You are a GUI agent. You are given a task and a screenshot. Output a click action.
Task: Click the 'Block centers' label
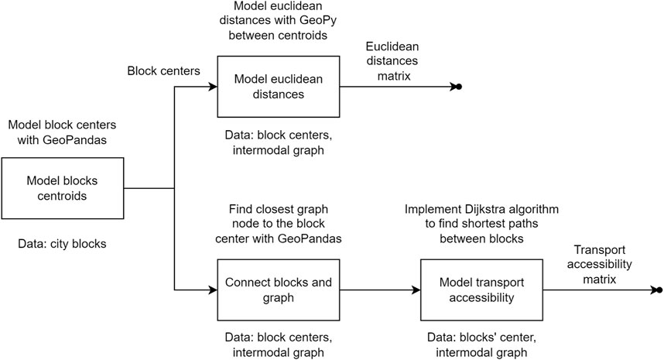[x=163, y=70]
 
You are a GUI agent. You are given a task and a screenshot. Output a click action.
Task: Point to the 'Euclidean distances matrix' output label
[x=392, y=61]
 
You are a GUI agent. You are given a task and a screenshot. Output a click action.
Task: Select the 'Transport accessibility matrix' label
[x=599, y=264]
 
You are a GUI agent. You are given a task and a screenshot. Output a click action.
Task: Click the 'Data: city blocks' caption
[x=62, y=244]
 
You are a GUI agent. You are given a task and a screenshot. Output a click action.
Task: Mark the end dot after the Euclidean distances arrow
[x=459, y=87]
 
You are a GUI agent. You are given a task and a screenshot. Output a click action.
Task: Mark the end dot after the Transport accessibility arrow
[x=659, y=290]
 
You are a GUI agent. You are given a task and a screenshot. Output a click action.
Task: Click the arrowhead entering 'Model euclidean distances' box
[x=213, y=87]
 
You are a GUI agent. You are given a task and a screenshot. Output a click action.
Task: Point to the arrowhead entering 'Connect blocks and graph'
[x=213, y=290]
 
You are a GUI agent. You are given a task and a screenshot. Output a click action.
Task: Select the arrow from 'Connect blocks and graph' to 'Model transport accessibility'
[x=380, y=290]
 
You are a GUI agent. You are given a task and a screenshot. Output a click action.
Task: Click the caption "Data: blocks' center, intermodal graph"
[x=481, y=345]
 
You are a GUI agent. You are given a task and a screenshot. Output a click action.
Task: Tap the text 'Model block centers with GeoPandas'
[x=62, y=132]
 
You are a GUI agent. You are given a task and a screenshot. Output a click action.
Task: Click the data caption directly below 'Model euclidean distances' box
[x=279, y=142]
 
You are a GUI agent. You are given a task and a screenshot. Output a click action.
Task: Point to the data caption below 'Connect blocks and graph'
[x=279, y=345]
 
